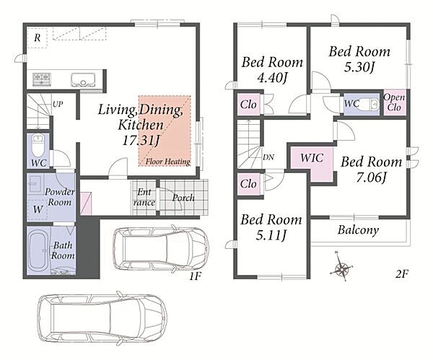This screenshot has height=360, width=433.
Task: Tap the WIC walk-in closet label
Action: tap(312, 158)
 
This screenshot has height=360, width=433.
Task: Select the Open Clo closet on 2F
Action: tap(394, 102)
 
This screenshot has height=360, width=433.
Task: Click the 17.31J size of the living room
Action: tap(141, 141)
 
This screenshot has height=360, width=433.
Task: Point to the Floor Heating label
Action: tap(168, 162)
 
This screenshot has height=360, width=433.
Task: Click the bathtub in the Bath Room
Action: tap(39, 250)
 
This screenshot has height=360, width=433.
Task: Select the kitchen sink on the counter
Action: tap(83, 80)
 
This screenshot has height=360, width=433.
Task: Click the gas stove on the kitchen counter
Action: tap(42, 79)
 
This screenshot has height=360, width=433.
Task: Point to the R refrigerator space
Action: tap(38, 38)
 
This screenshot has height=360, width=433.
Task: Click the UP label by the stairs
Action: tap(58, 104)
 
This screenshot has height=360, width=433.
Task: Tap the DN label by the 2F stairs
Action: tap(268, 157)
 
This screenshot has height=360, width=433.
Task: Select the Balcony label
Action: tap(358, 230)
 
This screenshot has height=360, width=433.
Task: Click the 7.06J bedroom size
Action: tap(372, 177)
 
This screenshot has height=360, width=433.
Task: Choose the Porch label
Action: tap(183, 198)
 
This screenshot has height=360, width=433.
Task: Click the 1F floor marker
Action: tap(196, 276)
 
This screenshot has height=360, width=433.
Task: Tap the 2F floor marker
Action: tap(402, 274)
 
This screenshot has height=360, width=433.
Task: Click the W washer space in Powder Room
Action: tap(38, 209)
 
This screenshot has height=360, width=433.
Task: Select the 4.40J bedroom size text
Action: tap(272, 78)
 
